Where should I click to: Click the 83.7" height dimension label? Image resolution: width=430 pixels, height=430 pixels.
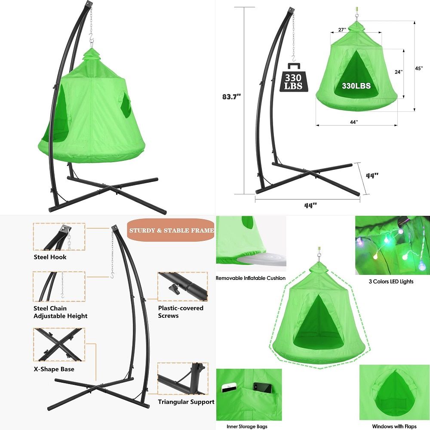point(231,96)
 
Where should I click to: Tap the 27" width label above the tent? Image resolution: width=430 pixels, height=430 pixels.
point(342,30)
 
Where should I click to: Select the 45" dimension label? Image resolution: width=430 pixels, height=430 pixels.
point(419,68)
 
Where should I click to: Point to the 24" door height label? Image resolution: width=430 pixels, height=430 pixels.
point(399,72)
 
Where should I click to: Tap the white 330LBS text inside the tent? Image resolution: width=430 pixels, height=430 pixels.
point(356,86)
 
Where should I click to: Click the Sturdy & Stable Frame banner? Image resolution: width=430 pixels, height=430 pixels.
point(171,230)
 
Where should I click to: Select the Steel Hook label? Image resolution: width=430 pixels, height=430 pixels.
point(50,257)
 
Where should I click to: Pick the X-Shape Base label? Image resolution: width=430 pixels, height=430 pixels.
point(54,369)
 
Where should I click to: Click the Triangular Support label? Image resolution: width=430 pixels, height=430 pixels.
point(186,402)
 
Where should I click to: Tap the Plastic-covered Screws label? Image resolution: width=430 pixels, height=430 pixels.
point(181,312)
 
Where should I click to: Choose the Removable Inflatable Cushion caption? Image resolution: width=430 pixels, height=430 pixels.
point(251,278)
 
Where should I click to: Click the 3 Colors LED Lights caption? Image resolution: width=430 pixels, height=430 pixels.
point(391,281)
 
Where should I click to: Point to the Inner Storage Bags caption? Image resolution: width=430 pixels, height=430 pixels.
point(247,427)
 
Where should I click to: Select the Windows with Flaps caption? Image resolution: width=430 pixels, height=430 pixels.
point(394,427)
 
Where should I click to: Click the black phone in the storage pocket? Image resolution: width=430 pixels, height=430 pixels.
point(262,387)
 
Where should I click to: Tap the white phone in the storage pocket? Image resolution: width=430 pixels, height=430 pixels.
point(230,387)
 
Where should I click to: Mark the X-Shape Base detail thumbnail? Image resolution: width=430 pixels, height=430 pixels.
point(59,344)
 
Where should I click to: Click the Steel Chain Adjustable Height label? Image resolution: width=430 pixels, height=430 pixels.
point(60,312)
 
